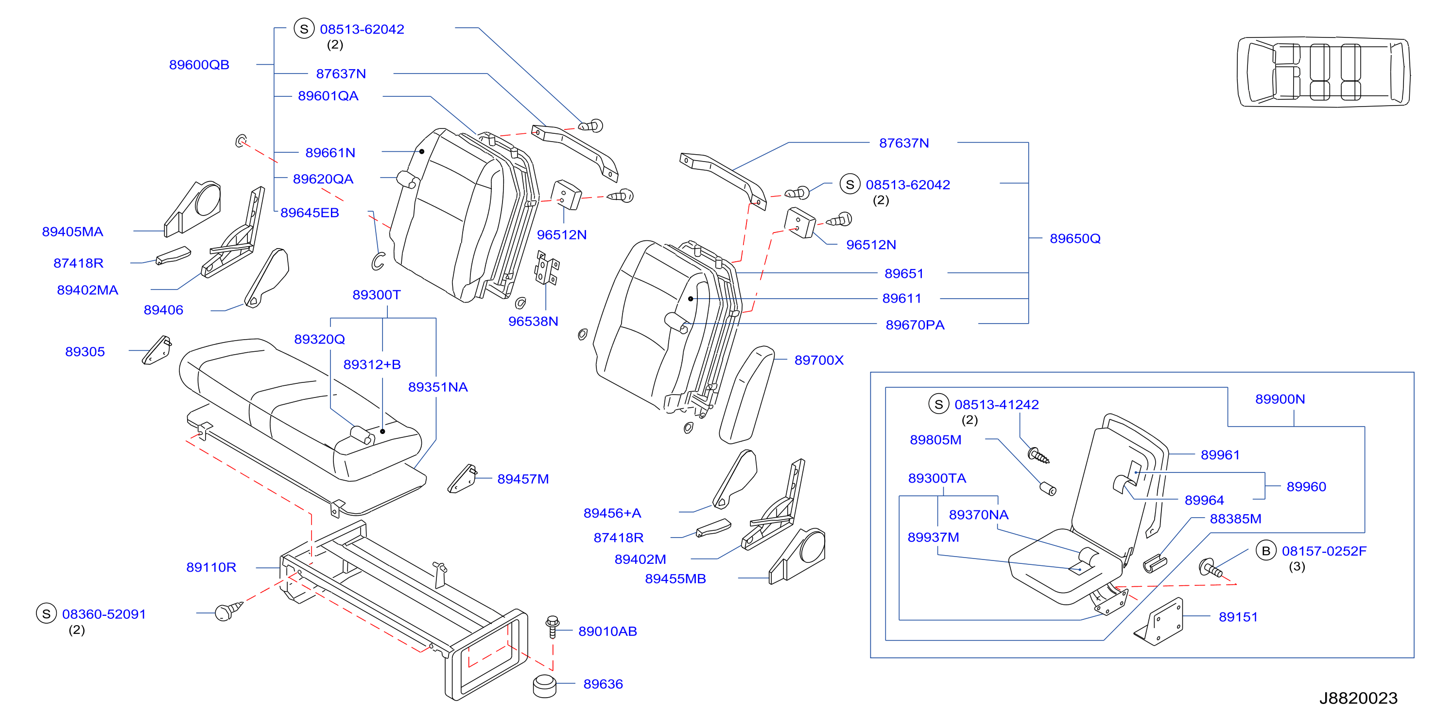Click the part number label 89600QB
click(x=199, y=65)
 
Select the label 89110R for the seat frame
click(x=211, y=567)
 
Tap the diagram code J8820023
click(x=1358, y=698)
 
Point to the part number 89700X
click(x=818, y=360)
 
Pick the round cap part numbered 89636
click(x=545, y=686)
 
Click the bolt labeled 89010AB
click(x=553, y=627)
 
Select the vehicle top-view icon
click(x=1324, y=72)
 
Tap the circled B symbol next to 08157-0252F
click(x=1266, y=551)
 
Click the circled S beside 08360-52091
click(x=46, y=614)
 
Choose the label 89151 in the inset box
click(x=1238, y=617)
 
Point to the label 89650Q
click(x=1074, y=238)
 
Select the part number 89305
click(x=85, y=352)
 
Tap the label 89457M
click(x=523, y=479)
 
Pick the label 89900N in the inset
click(x=1280, y=399)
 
